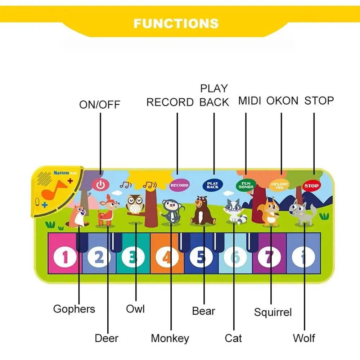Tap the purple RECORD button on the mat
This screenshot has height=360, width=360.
coord(179,185)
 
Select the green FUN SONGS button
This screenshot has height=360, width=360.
coord(246,185)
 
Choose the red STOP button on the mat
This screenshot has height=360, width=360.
coord(311,186)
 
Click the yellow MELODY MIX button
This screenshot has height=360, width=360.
coord(279,185)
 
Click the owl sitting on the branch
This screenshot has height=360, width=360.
coord(135,204)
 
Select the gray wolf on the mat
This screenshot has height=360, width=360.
coord(303,212)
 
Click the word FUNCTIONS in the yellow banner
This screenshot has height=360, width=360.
coord(176,24)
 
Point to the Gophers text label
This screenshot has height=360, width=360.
coord(74,309)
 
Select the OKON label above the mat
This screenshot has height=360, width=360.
coord(282,101)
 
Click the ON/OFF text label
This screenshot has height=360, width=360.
coord(100,105)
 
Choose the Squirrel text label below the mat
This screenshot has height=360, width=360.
coord(273,312)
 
